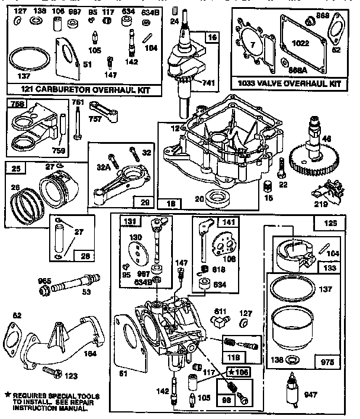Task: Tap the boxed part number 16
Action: click(211, 37)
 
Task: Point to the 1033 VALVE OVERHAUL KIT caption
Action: click(288, 85)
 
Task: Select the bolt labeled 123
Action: click(52, 373)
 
